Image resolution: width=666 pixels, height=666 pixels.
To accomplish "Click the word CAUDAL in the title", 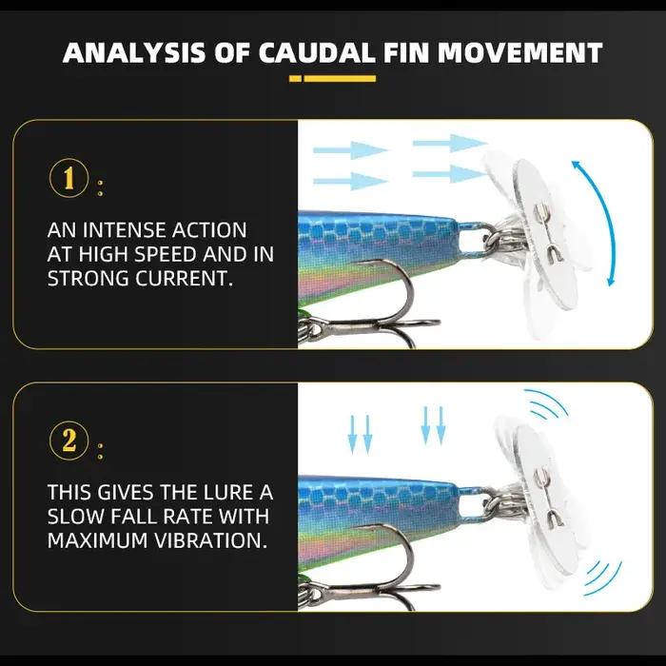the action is (317, 53).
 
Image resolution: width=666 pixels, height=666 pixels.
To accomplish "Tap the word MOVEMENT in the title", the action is (519, 53).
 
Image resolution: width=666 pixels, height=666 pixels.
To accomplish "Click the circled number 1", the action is (69, 178).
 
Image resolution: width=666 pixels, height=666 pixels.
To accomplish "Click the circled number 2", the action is (69, 441).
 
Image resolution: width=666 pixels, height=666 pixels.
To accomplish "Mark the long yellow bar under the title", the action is (340, 79).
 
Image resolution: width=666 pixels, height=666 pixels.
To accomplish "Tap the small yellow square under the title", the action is (295, 79).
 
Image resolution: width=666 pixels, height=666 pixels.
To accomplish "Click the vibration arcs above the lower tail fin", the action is (547, 403).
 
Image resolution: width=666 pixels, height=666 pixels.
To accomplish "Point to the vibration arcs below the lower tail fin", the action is (603, 578).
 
